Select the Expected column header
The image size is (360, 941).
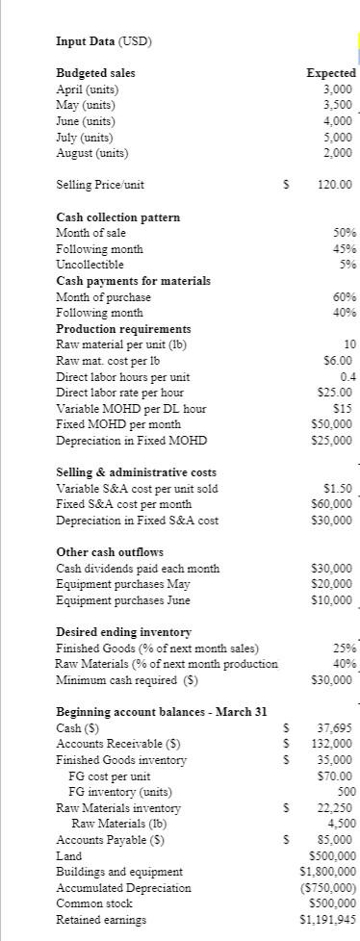[x=330, y=73]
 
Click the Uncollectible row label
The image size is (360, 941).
[x=90, y=265]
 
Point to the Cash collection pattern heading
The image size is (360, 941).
[x=117, y=217]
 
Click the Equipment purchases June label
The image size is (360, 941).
[x=123, y=600]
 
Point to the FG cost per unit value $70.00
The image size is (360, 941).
[x=336, y=776]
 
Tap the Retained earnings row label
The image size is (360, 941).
[x=102, y=920]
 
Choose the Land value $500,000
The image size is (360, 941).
[x=330, y=855]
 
